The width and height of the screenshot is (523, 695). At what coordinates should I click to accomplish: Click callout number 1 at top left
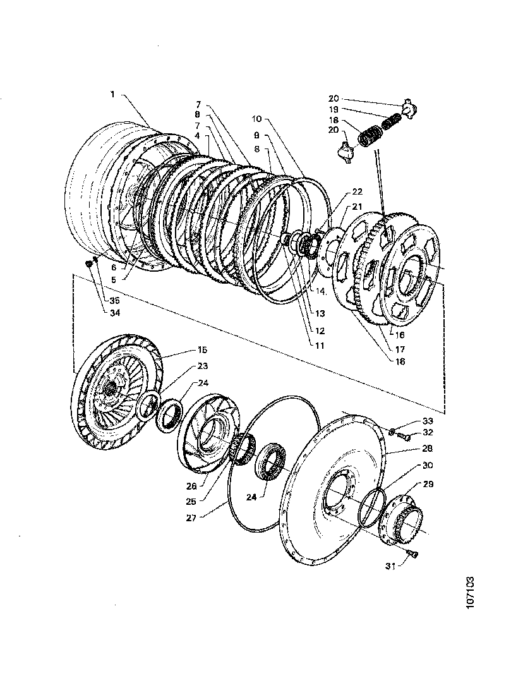[112, 94]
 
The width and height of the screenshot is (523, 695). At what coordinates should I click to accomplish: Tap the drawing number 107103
[470, 591]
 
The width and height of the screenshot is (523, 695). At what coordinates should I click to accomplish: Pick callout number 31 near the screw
[390, 567]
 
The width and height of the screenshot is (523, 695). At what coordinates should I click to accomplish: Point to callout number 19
[334, 109]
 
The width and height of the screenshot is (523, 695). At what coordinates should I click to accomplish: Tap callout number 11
[320, 346]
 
